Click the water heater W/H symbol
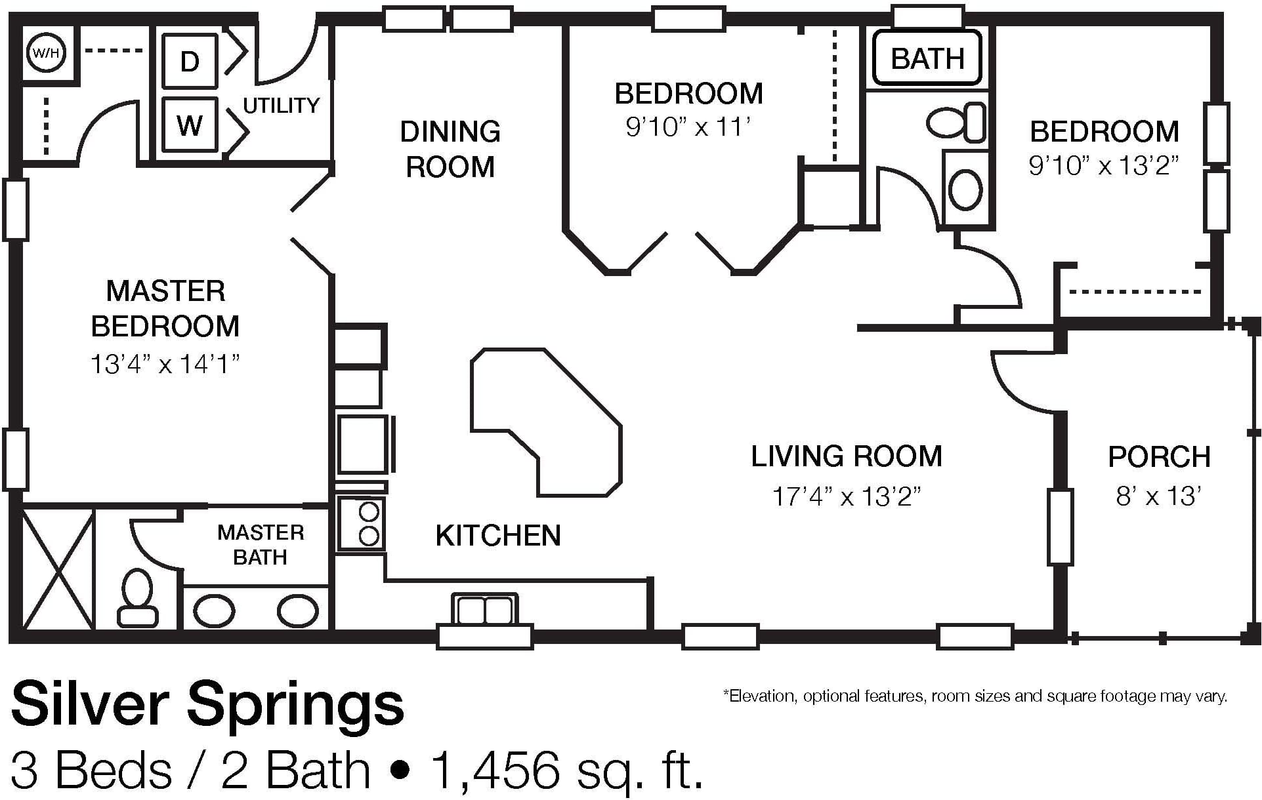[45, 52]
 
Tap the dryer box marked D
[190, 61]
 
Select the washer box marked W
[190, 125]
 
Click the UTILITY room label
[281, 105]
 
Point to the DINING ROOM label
[450, 150]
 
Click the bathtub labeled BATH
[928, 58]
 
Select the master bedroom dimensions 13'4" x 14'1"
[165, 364]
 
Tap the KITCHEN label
[498, 536]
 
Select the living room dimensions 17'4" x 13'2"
[847, 496]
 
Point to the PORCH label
[1160, 457]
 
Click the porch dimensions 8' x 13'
[1159, 496]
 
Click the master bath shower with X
[58, 569]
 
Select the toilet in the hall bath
[956, 123]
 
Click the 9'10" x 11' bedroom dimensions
[688, 127]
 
